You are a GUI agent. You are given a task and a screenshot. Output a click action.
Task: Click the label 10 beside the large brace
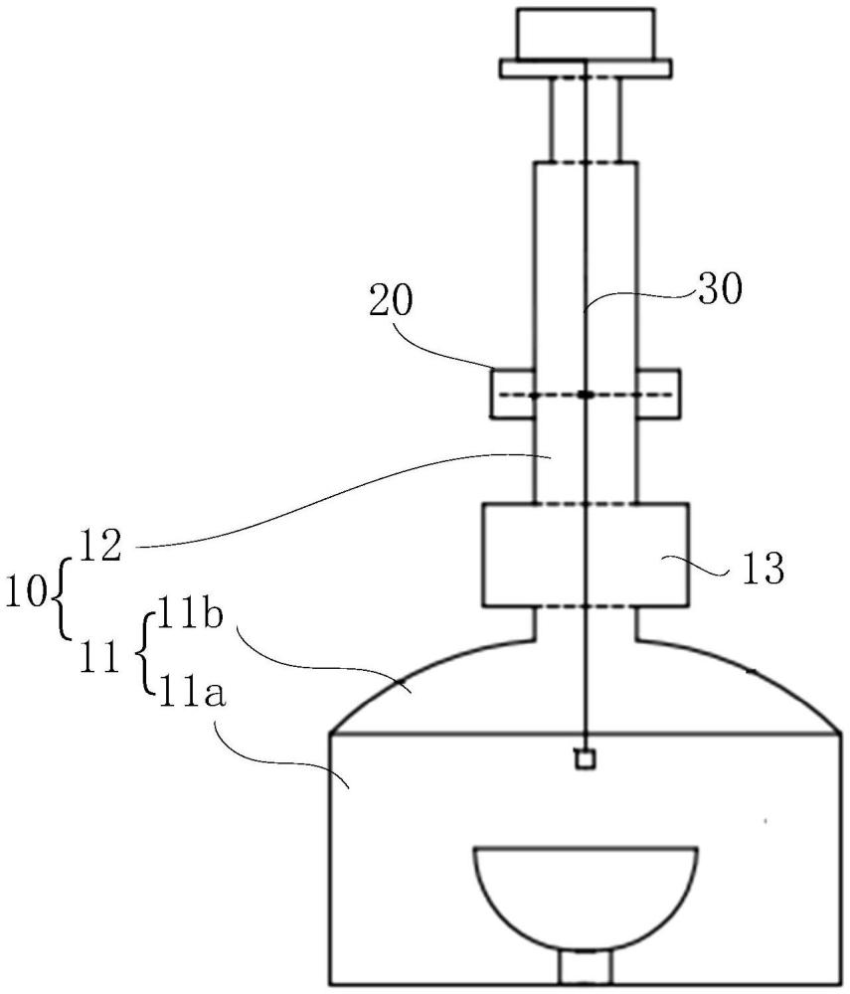(x=24, y=593)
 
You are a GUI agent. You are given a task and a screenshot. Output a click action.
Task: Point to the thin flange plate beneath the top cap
(x=586, y=68)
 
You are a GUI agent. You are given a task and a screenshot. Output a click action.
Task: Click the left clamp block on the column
(x=511, y=394)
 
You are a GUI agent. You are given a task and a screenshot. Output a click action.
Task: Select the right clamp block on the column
(x=658, y=394)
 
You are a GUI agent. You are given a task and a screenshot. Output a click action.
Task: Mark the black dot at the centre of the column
(x=586, y=395)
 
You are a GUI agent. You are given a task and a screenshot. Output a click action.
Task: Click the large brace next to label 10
(x=56, y=594)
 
